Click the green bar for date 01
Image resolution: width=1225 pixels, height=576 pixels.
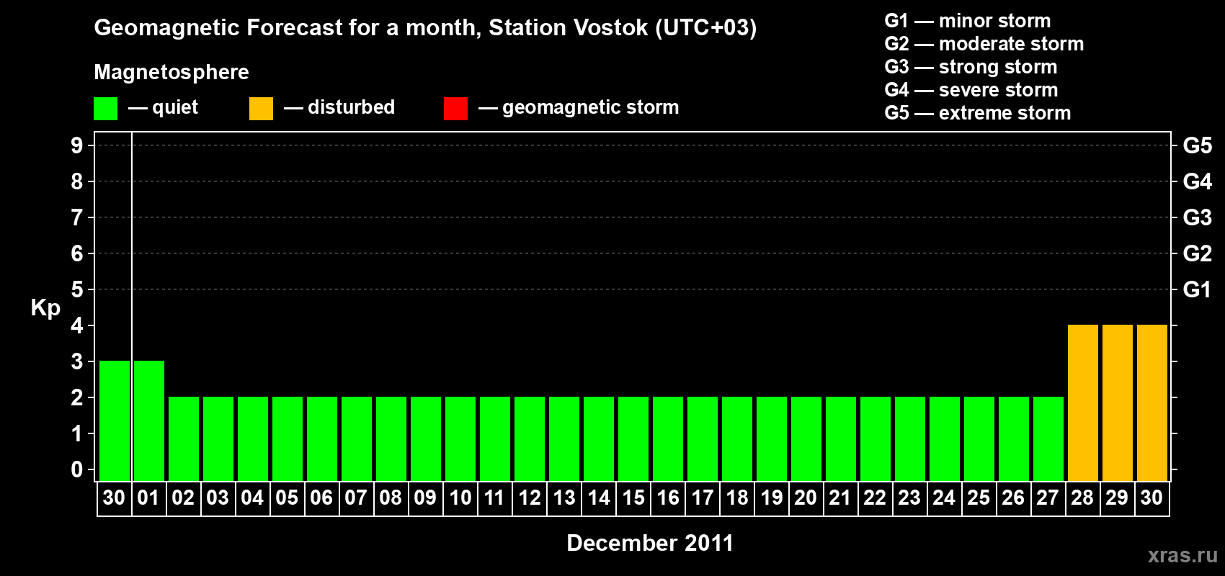(148, 420)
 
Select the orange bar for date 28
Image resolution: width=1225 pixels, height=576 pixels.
(1083, 402)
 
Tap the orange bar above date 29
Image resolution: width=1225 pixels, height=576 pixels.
(1117, 402)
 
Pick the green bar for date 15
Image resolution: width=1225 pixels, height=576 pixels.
(633, 438)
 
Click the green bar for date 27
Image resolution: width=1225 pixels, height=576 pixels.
(1048, 438)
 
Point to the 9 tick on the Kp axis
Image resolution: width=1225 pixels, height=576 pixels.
(76, 145)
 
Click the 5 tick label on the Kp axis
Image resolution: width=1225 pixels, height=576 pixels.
(76, 289)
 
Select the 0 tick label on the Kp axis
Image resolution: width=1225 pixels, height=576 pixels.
(76, 469)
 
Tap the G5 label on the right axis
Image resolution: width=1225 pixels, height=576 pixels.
(1197, 145)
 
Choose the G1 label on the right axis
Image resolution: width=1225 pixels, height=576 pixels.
(1197, 289)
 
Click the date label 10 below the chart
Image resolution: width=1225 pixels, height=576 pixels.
(460, 498)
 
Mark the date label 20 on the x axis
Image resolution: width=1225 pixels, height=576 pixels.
(806, 498)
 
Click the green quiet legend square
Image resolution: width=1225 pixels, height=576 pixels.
(105, 108)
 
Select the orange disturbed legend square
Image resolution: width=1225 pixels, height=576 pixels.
(261, 108)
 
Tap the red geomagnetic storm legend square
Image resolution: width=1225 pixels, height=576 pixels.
(455, 108)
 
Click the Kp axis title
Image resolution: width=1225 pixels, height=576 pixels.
(45, 307)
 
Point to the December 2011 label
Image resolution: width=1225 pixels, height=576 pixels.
(650, 543)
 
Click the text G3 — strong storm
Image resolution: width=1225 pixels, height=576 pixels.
(971, 67)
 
